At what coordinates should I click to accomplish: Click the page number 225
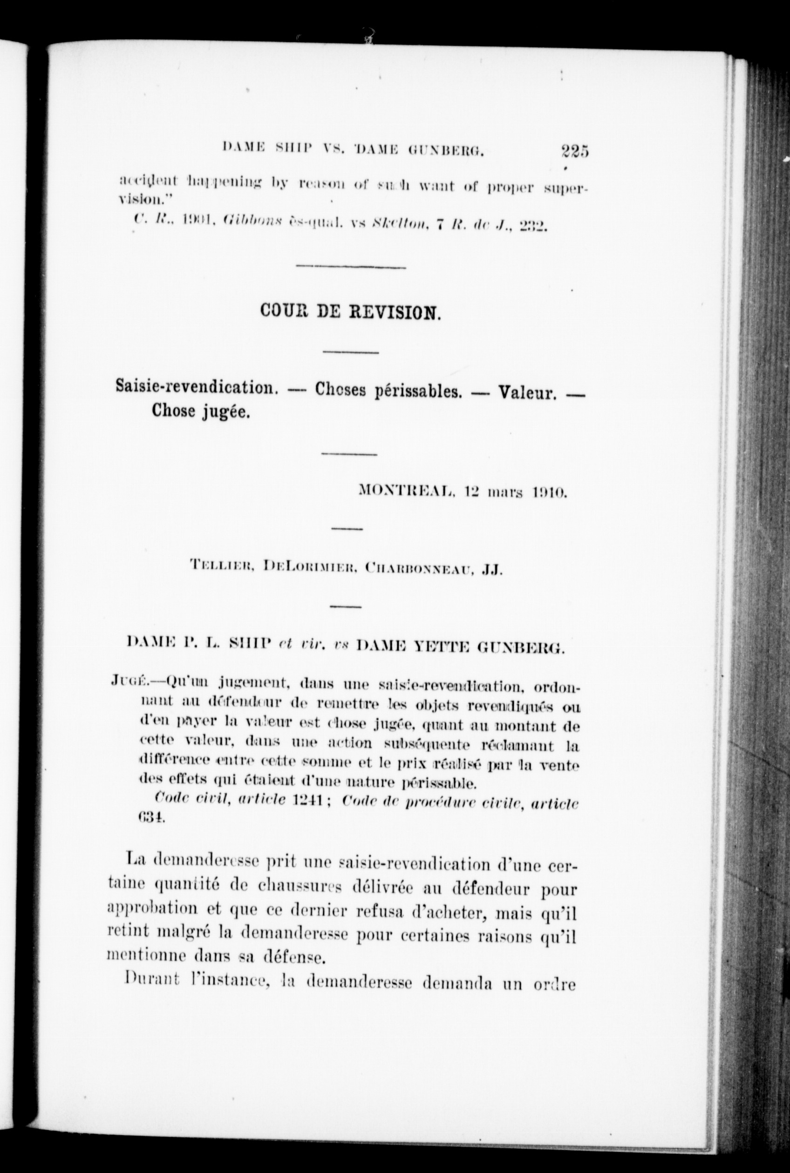point(574,150)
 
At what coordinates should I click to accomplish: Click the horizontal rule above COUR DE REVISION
point(351,266)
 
